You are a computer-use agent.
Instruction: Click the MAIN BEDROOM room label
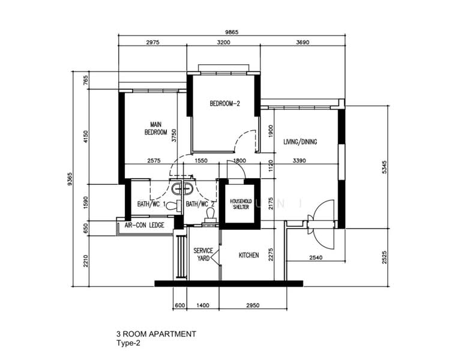coord(155,128)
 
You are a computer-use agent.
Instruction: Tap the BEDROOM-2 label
coord(224,104)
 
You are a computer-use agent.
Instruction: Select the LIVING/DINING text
coord(300,142)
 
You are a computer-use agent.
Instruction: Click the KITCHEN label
coord(249,256)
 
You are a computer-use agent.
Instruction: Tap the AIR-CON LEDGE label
coord(144,226)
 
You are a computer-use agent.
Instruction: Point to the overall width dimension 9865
coord(232,31)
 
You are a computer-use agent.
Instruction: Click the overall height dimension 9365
coord(70,179)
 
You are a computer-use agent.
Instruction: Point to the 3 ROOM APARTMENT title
coord(156,334)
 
